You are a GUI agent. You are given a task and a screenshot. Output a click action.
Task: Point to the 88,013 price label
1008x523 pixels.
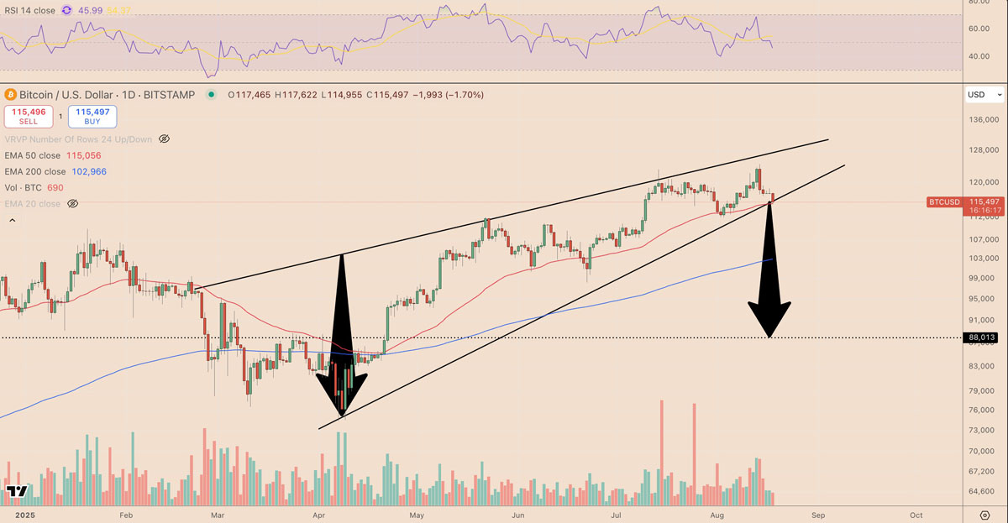coord(981,337)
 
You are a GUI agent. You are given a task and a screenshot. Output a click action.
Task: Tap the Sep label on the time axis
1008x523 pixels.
coord(819,514)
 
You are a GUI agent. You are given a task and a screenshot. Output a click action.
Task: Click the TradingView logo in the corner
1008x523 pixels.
coord(17,491)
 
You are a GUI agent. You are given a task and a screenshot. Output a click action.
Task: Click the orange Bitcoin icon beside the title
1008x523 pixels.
coord(11,95)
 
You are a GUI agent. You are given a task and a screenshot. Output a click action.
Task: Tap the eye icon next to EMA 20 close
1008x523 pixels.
coord(72,204)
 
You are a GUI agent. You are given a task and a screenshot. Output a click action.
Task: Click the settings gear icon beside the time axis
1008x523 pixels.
coord(984,514)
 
